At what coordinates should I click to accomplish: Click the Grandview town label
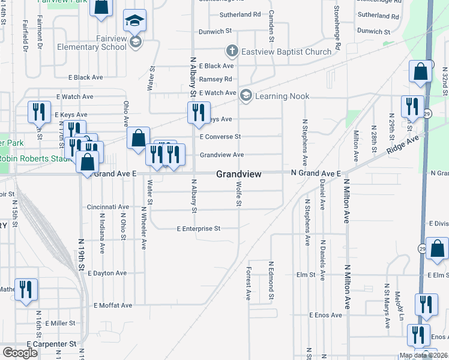tap(238, 174)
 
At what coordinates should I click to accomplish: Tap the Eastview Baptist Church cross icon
tap(232, 52)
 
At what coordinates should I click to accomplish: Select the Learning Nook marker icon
tap(246, 95)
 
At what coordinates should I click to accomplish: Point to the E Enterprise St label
tap(199, 229)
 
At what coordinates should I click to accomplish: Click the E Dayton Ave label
tap(107, 273)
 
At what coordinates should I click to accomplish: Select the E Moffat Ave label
tap(113, 305)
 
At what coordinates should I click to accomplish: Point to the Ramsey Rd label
tap(215, 79)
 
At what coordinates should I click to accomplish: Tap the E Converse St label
tap(220, 137)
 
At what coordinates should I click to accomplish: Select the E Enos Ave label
tap(325, 315)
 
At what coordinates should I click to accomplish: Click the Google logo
tap(19, 353)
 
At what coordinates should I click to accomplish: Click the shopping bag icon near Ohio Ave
tap(138, 138)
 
